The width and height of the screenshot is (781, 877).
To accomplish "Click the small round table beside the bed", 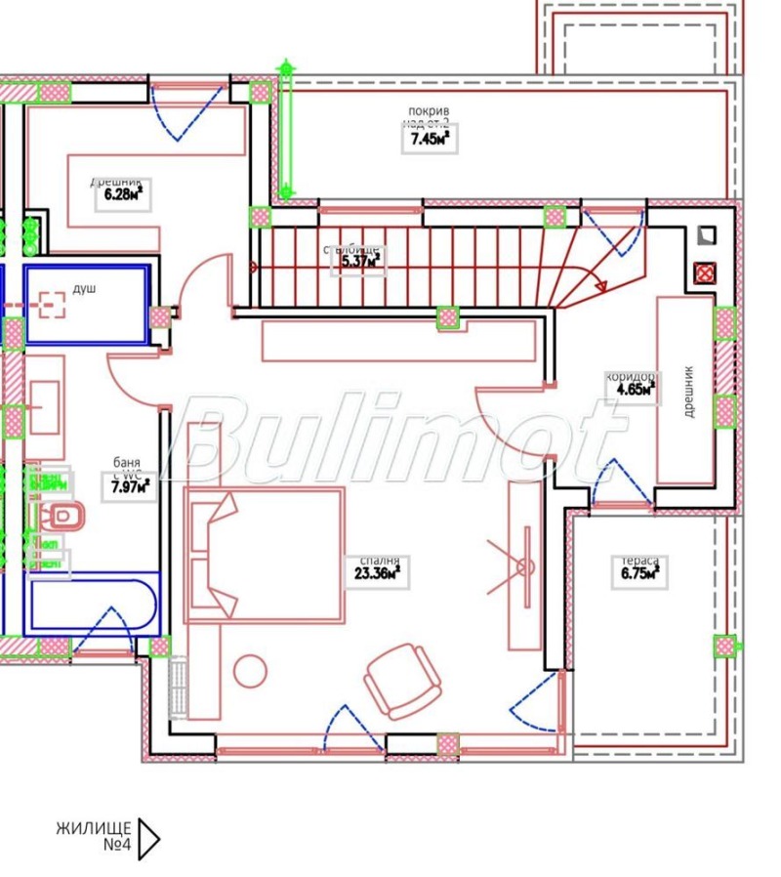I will pyautogui.click(x=250, y=671).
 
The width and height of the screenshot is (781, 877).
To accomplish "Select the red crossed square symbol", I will pyautogui.click(x=702, y=273).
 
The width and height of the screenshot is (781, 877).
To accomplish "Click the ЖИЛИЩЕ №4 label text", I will pyautogui.click(x=95, y=837).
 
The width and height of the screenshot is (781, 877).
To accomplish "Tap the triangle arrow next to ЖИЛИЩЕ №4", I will pyautogui.click(x=148, y=838).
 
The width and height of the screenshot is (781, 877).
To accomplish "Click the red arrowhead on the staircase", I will pyautogui.click(x=602, y=286).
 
